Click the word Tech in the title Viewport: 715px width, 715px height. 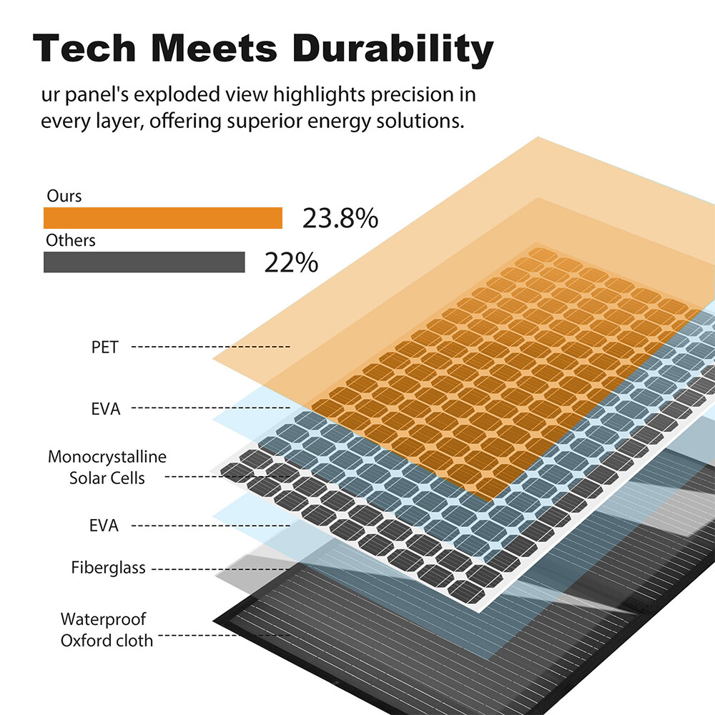tap(84, 48)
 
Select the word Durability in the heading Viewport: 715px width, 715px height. tap(393, 50)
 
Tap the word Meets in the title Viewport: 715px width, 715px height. tap(214, 48)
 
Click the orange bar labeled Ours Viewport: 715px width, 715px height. tap(163, 218)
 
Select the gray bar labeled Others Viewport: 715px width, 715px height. tap(144, 262)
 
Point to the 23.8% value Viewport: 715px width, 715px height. tap(340, 218)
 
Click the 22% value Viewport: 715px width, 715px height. tap(291, 262)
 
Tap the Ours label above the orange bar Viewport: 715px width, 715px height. tap(64, 196)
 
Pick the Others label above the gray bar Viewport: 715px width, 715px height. tap(71, 240)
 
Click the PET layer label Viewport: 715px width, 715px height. tap(105, 347)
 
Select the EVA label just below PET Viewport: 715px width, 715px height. tap(106, 409)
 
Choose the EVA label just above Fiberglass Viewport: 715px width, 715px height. tap(104, 526)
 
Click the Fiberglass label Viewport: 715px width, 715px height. tap(109, 568)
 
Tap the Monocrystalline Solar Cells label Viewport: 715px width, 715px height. tap(107, 468)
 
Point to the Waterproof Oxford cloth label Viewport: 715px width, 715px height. tap(107, 630)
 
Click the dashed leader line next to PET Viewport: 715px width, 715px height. tap(211, 347)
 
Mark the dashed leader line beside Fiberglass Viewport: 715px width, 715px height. tap(221, 569)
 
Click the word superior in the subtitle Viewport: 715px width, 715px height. tap(265, 122)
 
